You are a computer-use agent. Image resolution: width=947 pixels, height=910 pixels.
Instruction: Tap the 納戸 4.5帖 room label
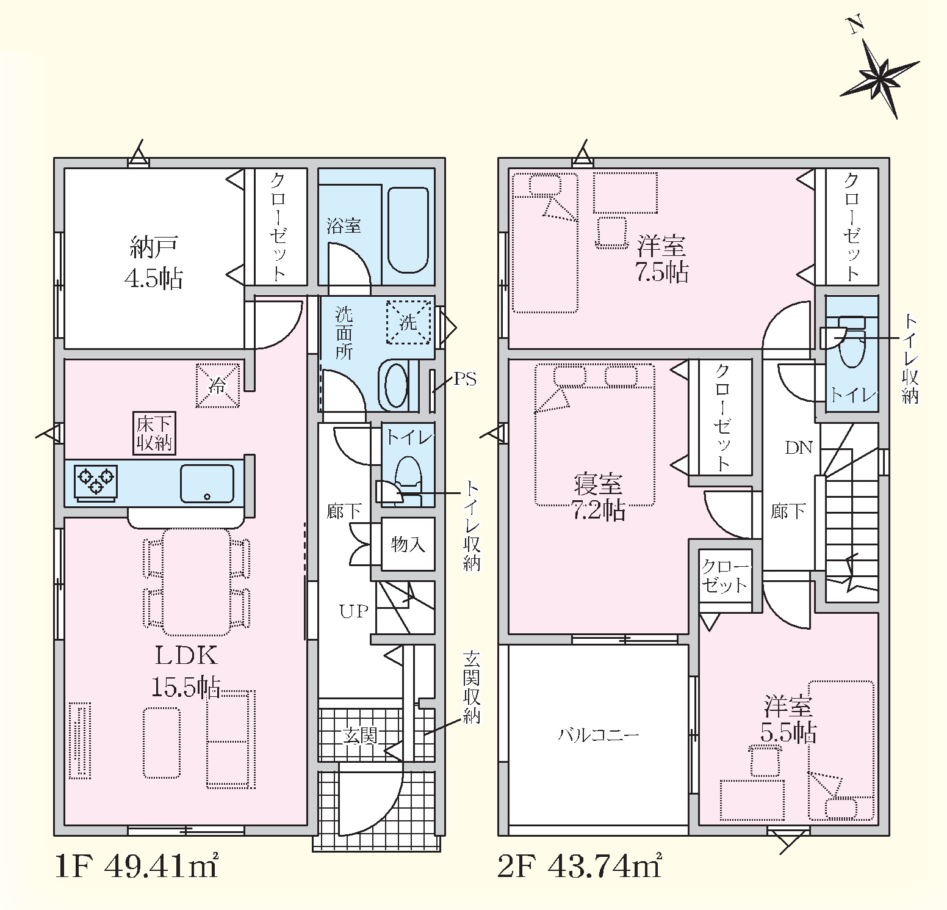153,262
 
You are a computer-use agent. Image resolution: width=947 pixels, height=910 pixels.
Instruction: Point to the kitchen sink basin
207,483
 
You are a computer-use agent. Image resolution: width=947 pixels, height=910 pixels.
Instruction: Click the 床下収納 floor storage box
155,433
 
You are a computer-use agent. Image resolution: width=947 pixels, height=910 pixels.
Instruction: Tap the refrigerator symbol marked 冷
217,385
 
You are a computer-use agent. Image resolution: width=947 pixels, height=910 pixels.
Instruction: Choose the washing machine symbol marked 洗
408,322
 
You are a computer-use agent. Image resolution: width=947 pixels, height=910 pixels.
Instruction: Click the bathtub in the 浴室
408,229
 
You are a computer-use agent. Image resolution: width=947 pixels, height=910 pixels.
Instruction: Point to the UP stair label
354,611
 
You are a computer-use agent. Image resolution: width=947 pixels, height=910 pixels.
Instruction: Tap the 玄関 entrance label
359,735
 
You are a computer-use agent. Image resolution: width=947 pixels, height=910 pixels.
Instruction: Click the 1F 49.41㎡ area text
137,866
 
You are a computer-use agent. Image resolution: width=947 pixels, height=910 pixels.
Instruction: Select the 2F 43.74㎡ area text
580,866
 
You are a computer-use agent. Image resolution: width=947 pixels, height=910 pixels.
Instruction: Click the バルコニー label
599,734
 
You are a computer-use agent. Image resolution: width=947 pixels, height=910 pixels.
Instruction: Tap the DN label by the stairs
799,448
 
